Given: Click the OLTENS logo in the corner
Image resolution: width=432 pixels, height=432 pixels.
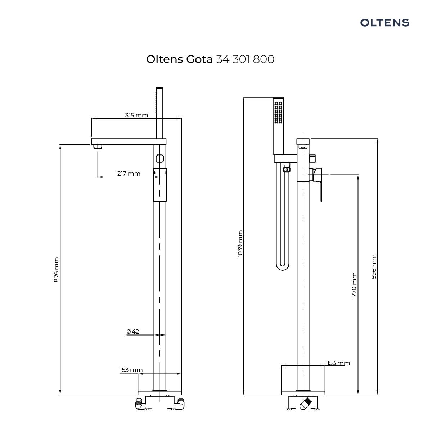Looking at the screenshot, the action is click(384, 23).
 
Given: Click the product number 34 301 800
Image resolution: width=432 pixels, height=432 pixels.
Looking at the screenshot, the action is click(245, 59).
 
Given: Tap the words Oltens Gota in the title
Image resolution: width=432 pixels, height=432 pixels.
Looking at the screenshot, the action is click(179, 59).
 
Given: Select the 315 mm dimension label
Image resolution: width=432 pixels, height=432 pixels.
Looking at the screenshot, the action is click(136, 115).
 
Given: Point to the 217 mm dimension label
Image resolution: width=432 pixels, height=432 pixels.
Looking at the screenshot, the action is click(129, 174).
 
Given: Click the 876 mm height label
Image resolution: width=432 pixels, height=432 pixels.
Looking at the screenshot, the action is click(56, 270).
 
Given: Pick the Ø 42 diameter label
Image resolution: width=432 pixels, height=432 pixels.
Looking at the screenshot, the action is click(133, 331).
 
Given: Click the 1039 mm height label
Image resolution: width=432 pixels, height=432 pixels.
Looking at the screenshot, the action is click(240, 244).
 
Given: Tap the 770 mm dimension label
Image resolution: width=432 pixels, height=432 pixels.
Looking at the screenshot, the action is click(354, 285).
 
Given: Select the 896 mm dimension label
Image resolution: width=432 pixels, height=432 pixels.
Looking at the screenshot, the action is click(374, 267).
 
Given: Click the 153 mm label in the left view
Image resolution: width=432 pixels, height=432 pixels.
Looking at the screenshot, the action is click(131, 370).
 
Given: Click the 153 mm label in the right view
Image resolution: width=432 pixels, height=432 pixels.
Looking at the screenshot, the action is click(338, 363).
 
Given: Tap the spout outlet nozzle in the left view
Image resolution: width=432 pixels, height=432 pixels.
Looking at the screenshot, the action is click(97, 147).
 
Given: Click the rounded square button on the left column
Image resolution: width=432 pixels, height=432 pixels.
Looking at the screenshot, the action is click(160, 158).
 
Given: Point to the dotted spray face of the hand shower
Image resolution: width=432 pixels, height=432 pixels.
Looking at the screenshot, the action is click(278, 113).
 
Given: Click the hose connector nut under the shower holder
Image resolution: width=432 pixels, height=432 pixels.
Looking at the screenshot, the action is click(287, 168).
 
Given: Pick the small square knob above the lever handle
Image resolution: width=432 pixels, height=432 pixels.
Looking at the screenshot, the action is click(312, 158).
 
